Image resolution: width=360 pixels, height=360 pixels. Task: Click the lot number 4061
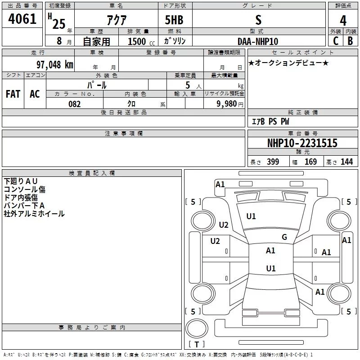22,20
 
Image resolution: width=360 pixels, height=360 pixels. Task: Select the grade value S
258,20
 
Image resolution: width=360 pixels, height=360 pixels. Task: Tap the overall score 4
343,21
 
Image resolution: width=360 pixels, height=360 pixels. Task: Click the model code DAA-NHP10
258,41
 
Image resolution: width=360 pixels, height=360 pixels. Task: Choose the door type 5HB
175,20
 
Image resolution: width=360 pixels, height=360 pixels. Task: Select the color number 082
74,104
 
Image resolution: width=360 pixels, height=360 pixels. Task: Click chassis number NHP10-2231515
302,143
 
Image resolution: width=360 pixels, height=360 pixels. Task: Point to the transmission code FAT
13,94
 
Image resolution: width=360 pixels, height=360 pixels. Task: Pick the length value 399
273,162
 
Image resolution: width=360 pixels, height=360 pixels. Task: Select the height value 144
346,162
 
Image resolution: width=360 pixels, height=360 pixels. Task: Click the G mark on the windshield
284,237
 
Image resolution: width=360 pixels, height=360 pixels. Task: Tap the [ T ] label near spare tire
196,345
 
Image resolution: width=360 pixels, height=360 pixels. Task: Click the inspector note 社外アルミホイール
34,214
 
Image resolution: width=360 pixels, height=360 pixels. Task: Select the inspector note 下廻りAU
21,181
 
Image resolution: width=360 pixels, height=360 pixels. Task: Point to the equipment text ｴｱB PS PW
270,121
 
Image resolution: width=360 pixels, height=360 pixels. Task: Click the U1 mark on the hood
251,216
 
